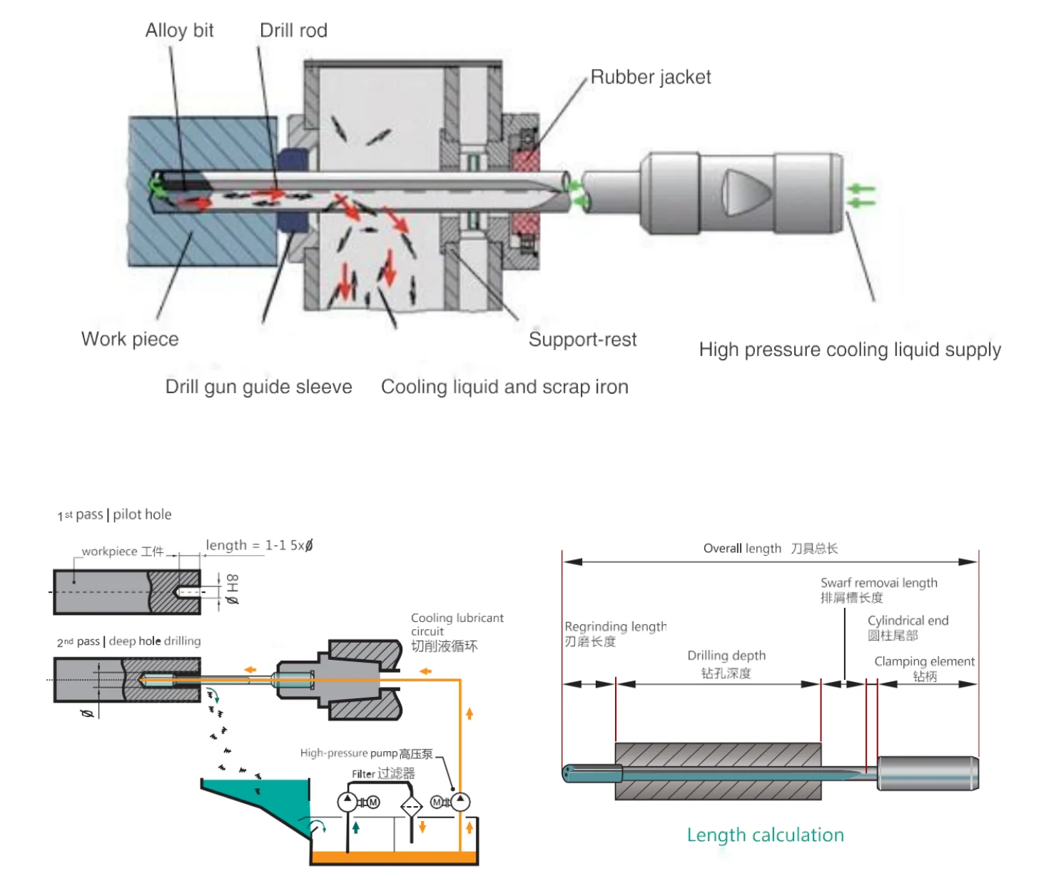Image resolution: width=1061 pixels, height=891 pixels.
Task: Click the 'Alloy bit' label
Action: click(x=179, y=31)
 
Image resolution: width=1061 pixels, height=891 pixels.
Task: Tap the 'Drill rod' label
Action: click(x=293, y=31)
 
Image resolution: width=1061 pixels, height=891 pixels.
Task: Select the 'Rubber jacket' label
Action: click(x=650, y=77)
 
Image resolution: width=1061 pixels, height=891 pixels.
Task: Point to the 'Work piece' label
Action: click(x=130, y=339)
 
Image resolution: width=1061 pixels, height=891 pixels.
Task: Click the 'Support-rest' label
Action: click(x=582, y=340)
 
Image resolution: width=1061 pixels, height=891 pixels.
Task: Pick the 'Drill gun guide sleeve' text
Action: click(x=258, y=387)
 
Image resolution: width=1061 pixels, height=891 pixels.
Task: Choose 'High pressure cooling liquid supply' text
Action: click(x=849, y=350)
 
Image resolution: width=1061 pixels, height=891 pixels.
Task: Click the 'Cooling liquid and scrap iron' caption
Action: click(x=504, y=387)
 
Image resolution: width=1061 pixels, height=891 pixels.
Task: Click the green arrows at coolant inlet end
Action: click(x=861, y=195)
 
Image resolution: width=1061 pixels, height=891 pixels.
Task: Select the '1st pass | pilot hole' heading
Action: click(x=114, y=514)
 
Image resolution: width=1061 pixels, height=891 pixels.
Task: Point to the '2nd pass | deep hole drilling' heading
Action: click(x=128, y=641)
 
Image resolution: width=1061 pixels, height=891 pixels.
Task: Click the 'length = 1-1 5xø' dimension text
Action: click(x=259, y=546)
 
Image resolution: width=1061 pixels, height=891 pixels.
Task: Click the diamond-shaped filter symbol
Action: click(x=411, y=808)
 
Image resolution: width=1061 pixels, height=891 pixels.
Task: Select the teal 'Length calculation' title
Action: click(x=765, y=835)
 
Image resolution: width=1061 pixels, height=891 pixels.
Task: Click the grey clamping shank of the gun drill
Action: click(x=927, y=773)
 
